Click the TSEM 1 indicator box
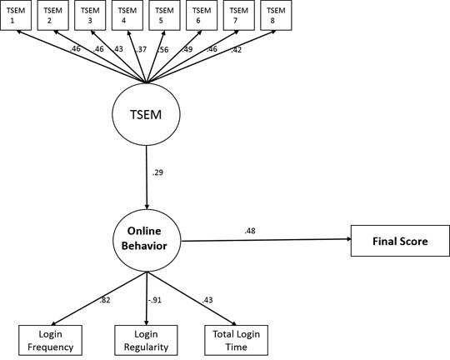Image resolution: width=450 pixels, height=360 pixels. pos(16,15)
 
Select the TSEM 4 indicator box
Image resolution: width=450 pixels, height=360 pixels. pos(127,15)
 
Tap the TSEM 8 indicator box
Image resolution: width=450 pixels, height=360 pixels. pos(276,15)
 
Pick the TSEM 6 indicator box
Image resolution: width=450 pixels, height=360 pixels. pos(202,15)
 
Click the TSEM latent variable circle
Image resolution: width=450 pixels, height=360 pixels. pos(146,114)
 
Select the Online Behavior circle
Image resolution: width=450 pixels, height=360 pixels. pos(147,240)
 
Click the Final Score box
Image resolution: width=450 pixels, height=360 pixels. pos(400,241)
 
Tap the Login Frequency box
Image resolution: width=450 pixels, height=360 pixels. pos(50,340)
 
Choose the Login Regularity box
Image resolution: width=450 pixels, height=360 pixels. pos(146,340)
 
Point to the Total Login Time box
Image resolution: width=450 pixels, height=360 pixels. pos(236,340)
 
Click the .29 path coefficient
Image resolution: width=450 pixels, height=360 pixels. pos(157,172)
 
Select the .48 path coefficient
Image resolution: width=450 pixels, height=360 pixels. pos(250,231)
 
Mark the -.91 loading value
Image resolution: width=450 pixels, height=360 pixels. pos(155,300)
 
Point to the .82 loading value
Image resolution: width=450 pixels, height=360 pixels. pos(105,300)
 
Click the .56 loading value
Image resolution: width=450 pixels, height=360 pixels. pos(163,50)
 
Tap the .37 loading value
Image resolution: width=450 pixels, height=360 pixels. pos(141,50)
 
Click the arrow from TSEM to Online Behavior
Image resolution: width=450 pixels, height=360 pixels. pos(147,177)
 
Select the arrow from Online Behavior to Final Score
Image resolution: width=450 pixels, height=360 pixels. pos(266,240)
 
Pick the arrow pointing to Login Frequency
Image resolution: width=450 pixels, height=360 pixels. pos(98,298)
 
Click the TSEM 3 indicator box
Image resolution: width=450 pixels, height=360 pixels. pos(90,15)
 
